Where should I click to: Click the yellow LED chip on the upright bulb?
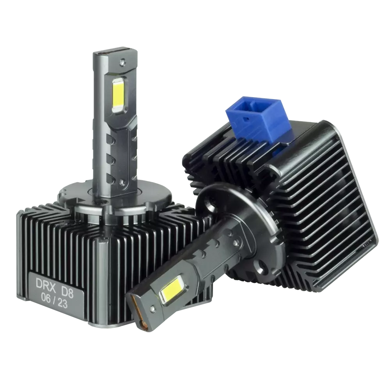tap(119, 95)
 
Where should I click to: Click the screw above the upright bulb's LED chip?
tap(122, 61)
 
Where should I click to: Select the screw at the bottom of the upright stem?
tap(121, 182)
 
